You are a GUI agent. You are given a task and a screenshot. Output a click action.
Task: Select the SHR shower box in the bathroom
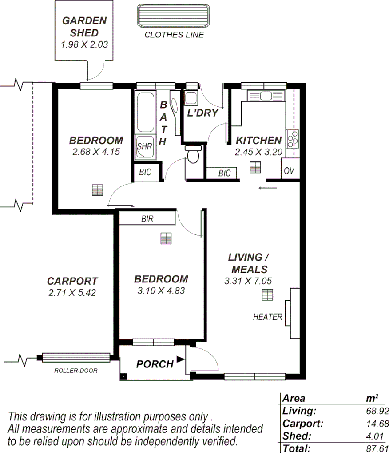pos(145,146)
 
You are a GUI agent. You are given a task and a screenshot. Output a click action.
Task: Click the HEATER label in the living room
pos(267,317)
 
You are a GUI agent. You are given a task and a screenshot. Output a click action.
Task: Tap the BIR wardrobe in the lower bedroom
pos(147,218)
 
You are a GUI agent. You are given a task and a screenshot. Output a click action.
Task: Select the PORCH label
pos(155,364)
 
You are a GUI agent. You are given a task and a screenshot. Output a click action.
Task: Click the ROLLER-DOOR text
pos(75,370)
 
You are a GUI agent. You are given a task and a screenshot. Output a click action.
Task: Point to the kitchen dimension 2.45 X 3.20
pos(258,152)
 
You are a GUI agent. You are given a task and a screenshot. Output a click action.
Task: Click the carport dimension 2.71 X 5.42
pos(72,293)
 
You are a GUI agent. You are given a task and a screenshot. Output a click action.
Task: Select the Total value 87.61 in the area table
pos(375,449)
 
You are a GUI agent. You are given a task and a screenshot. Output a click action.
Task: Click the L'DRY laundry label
pos(202,113)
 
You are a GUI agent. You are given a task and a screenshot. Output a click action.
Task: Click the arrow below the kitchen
pos(267,188)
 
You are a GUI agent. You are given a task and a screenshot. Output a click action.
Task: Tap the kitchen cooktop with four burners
pos(293,138)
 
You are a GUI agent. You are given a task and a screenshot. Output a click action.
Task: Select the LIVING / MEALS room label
pos(248,263)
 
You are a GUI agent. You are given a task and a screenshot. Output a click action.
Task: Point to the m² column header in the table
pos(373,398)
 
